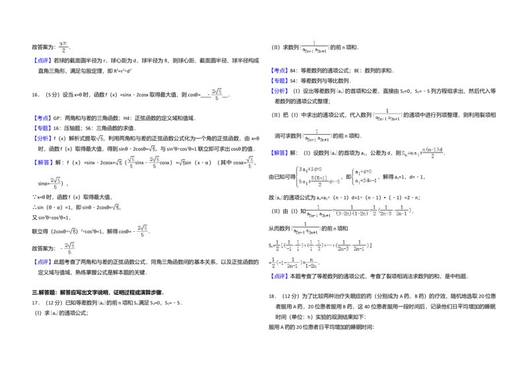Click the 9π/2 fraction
click(64, 47)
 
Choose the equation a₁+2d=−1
click(366, 180)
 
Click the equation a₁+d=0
click(364, 171)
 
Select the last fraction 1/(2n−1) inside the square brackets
click(358, 246)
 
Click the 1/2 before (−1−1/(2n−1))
click(272, 262)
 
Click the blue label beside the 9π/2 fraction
click(42, 60)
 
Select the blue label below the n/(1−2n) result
click(279, 276)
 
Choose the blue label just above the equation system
click(279, 153)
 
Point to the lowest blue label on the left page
click(42, 263)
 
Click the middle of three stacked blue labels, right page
click(279, 80)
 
